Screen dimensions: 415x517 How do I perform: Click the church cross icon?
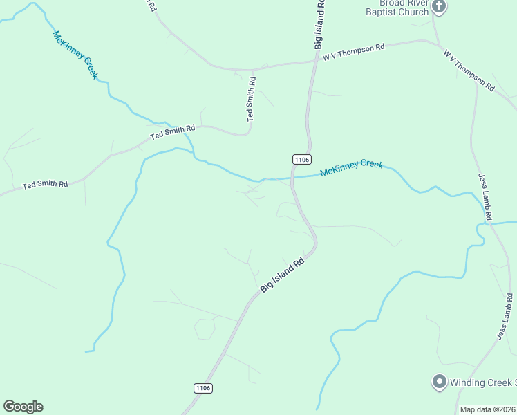click(x=439, y=8)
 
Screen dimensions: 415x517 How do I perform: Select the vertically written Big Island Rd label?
click(x=320, y=24)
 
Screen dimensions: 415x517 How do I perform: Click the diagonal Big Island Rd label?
click(x=282, y=275)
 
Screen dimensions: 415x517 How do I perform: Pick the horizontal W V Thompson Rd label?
click(x=353, y=50)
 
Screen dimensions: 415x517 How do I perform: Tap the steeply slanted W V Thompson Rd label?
click(x=469, y=70)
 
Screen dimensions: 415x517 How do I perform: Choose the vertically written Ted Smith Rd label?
click(x=252, y=99)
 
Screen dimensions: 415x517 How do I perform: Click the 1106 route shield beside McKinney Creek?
click(x=301, y=159)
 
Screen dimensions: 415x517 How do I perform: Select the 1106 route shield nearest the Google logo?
click(x=203, y=388)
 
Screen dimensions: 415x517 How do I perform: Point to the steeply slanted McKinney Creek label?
click(x=75, y=55)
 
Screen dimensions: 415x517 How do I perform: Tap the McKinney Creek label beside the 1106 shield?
click(x=351, y=168)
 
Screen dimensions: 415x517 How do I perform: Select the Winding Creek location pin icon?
click(x=438, y=381)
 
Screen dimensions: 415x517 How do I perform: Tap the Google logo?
click(x=23, y=407)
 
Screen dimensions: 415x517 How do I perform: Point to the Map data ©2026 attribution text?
click(x=487, y=409)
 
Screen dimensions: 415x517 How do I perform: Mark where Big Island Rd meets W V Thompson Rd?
click(x=317, y=62)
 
